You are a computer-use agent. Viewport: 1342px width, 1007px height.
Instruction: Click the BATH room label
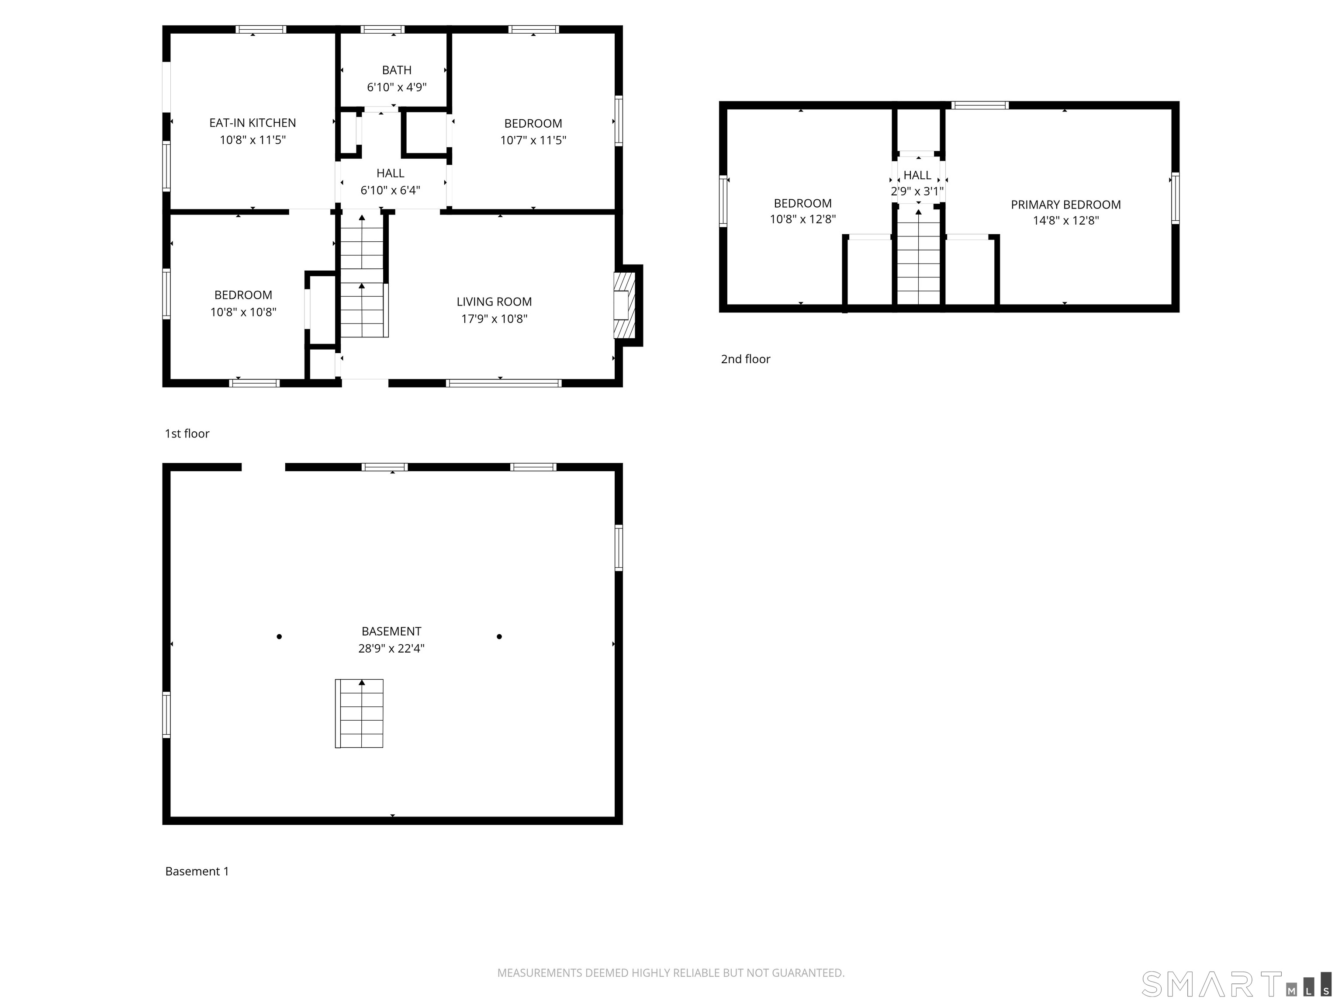click(396, 70)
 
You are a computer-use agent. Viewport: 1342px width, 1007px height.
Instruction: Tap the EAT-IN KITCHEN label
click(252, 123)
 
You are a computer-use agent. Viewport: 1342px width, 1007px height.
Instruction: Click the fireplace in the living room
click(624, 306)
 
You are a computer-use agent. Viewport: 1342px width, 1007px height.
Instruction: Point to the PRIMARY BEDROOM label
click(1065, 205)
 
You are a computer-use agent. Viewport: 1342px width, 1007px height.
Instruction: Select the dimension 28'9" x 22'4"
click(391, 648)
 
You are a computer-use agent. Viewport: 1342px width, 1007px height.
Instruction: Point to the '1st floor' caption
click(187, 434)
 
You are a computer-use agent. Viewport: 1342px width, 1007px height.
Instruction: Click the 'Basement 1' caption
click(197, 871)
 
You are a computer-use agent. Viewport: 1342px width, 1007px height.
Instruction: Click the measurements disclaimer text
click(671, 973)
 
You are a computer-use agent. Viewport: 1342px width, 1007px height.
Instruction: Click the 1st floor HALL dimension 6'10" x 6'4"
click(390, 190)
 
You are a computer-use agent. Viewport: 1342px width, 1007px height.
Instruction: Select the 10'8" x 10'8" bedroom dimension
click(243, 312)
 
